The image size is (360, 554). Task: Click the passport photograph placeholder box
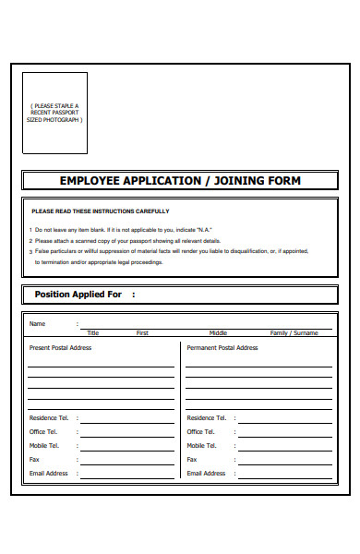tap(54, 113)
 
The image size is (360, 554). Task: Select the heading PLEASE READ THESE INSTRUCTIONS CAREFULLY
tap(101, 211)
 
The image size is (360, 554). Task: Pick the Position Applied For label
tap(78, 295)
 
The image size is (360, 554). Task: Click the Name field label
tap(37, 324)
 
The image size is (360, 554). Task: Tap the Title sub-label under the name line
tap(92, 332)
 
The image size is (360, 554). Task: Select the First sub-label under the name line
tap(142, 332)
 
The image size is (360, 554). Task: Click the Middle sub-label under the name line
tap(218, 332)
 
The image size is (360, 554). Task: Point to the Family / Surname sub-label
tap(294, 332)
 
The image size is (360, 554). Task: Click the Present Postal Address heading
tap(61, 348)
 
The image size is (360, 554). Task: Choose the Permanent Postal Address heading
tap(222, 348)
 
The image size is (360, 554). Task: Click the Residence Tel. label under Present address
tap(48, 418)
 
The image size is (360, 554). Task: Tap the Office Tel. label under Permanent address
tap(200, 432)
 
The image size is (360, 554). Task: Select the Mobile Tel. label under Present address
tap(45, 445)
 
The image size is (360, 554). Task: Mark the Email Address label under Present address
tap(49, 473)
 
